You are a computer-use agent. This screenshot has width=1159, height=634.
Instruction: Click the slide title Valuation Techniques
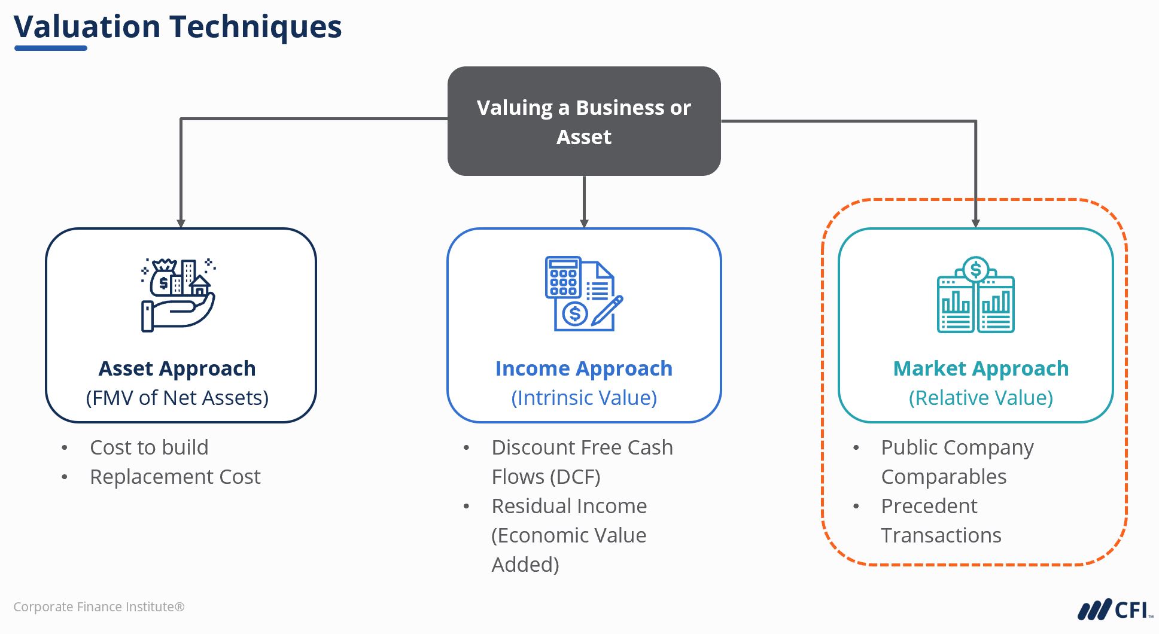coord(177,27)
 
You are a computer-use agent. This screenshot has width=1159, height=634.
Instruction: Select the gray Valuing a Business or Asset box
coord(583,121)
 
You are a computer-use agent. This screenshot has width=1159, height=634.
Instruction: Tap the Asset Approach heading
coord(177,368)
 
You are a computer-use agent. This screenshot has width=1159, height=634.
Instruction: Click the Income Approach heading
coord(583,368)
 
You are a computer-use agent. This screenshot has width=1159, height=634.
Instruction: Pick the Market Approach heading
coord(981,368)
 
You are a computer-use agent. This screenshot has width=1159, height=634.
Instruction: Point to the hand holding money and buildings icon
coord(178,295)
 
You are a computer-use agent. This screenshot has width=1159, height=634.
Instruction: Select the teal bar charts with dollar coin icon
coord(975,295)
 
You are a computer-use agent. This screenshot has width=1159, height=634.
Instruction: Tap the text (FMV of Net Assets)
coord(177,398)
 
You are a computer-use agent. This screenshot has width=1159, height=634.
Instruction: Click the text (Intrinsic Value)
coord(583,398)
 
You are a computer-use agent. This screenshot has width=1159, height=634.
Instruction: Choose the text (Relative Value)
coord(981,398)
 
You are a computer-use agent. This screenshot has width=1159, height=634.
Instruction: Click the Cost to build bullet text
coord(149,447)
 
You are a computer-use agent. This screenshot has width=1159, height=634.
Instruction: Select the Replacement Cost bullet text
coord(175,477)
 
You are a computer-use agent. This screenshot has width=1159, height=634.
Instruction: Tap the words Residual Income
coord(569,506)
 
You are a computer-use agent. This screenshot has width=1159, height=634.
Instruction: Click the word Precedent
coord(929,506)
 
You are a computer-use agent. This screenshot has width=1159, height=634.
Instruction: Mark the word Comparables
coord(944,477)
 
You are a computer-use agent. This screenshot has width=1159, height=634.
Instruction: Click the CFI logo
coord(1114,610)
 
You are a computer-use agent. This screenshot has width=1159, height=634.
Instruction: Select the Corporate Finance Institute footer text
coord(99,607)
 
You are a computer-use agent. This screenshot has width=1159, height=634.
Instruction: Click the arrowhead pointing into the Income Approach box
coord(584,224)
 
